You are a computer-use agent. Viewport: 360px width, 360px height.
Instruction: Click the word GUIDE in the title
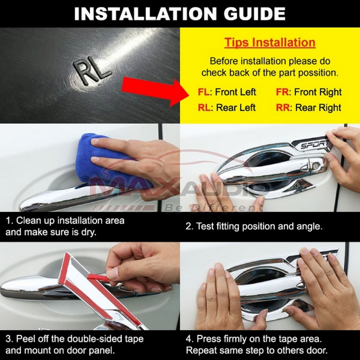pyautogui.click(x=255, y=14)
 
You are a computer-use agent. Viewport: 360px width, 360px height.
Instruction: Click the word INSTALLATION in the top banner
pyautogui.click(x=145, y=14)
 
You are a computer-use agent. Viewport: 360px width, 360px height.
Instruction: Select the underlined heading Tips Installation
pyautogui.click(x=270, y=43)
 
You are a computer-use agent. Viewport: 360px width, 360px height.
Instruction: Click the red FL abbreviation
pyautogui.click(x=204, y=92)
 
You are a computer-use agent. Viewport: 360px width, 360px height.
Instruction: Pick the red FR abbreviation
pyautogui.click(x=282, y=92)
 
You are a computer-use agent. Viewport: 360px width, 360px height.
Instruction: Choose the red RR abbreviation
pyautogui.click(x=283, y=108)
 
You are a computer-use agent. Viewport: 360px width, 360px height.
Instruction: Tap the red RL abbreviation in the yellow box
pyautogui.click(x=204, y=108)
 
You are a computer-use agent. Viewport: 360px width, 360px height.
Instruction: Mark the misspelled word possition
pyautogui.click(x=318, y=73)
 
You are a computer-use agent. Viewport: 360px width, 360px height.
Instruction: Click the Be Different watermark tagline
pyautogui.click(x=213, y=208)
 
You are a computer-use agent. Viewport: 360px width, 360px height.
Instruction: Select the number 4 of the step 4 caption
pyautogui.click(x=188, y=339)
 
